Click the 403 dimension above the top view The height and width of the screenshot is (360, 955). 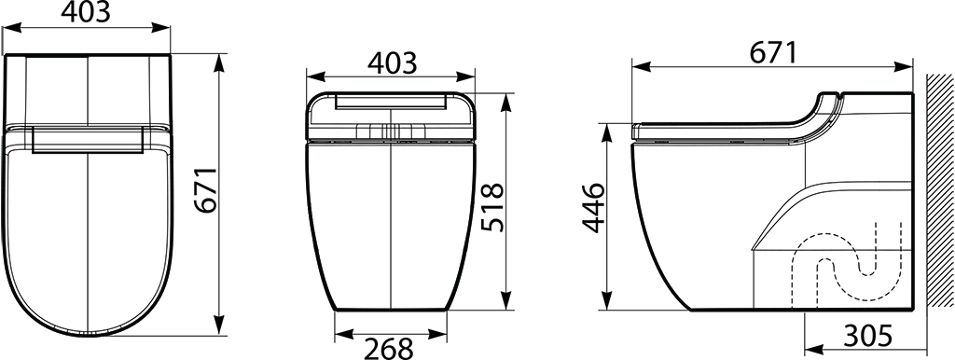86,12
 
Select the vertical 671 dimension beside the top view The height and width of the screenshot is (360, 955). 206,188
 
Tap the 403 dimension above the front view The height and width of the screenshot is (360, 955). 392,62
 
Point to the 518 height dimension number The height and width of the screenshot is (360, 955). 492,207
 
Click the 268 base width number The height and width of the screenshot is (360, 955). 389,349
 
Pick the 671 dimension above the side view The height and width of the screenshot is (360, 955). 772,53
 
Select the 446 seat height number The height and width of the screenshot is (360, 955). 593,207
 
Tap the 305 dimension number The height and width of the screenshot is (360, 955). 868,335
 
